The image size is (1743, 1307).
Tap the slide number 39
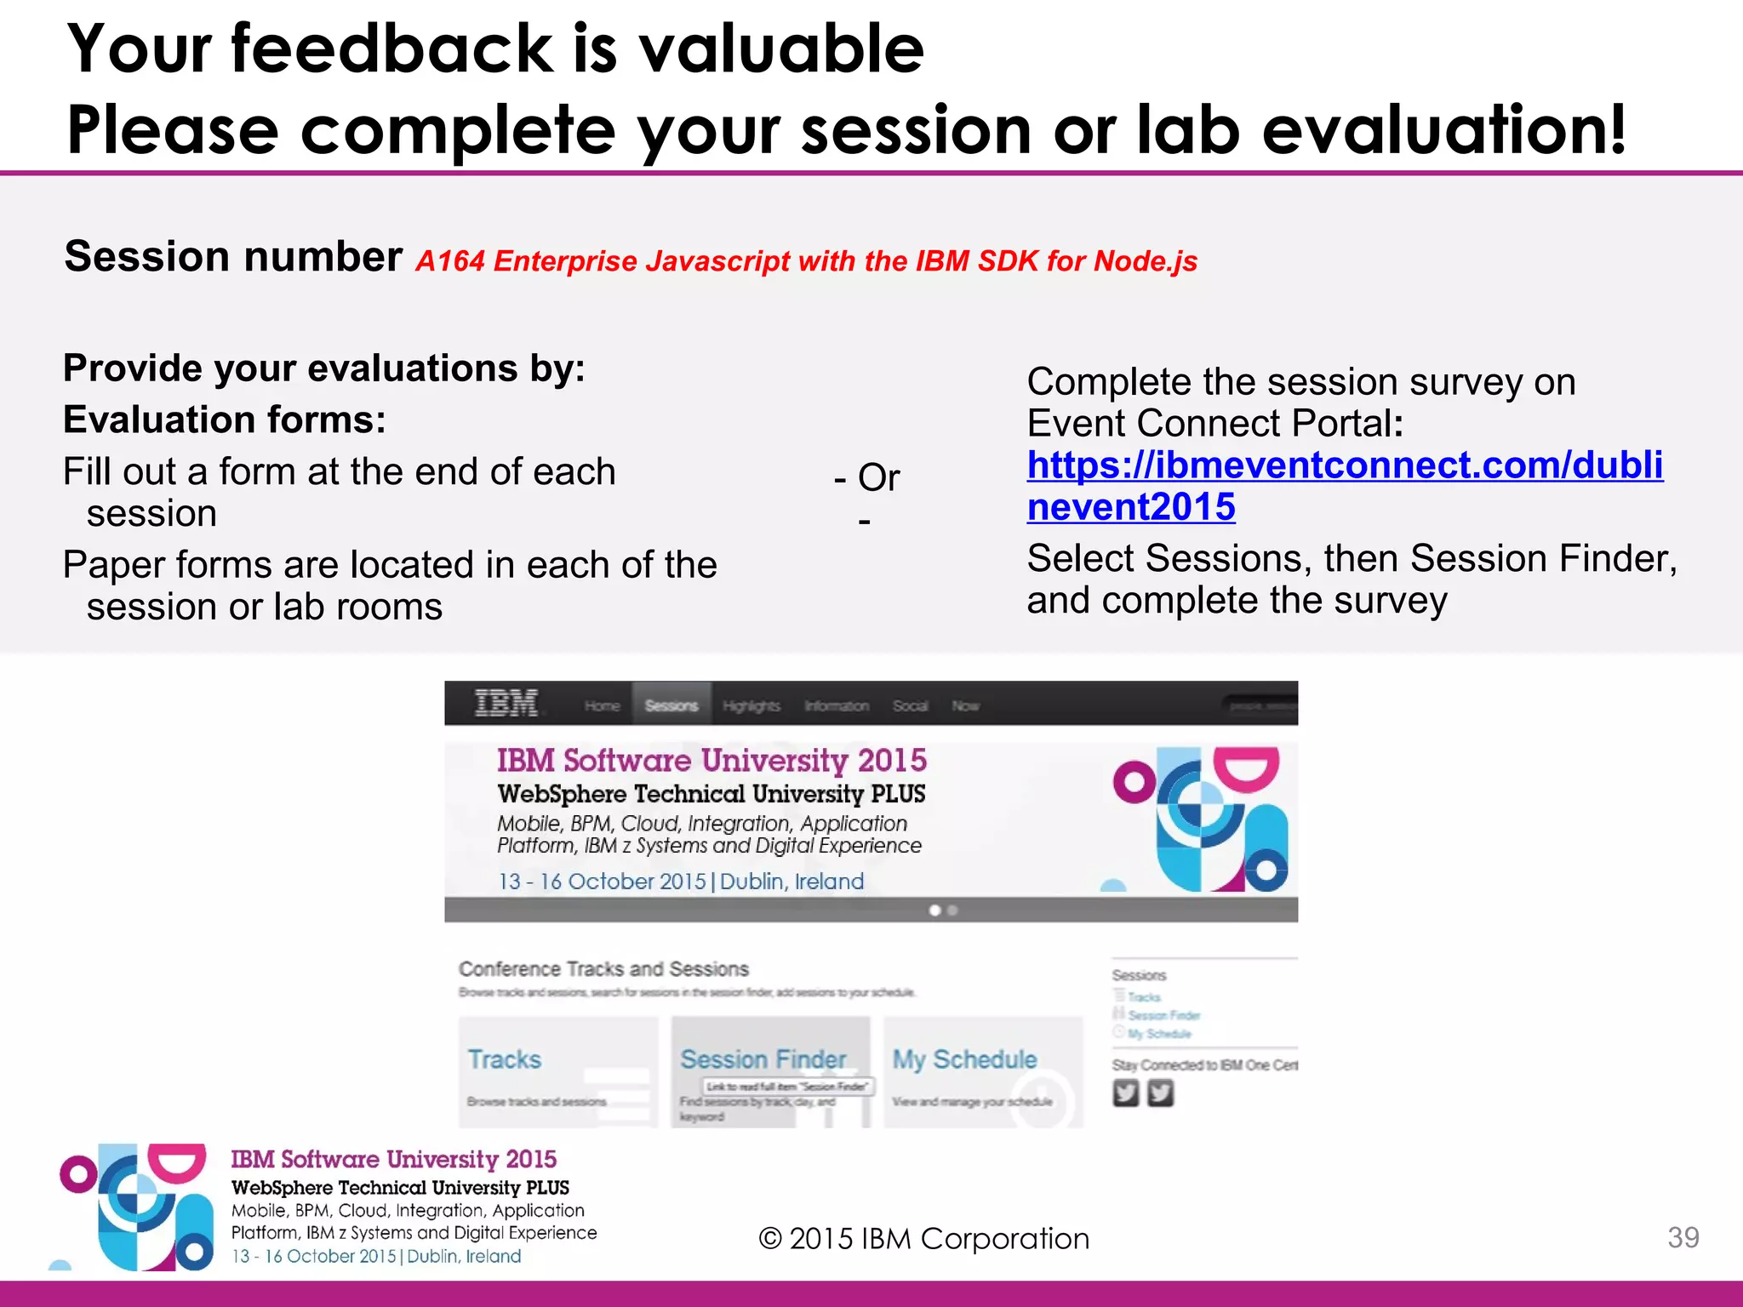1683,1237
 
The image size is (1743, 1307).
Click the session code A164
449,261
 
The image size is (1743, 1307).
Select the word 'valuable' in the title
781,49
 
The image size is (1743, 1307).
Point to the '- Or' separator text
867,477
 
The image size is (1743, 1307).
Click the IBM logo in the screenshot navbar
506,704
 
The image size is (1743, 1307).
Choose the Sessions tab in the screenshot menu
671,705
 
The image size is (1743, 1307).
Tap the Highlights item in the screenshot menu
751,705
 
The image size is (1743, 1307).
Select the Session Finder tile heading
763,1059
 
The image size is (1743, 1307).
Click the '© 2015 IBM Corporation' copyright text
923,1239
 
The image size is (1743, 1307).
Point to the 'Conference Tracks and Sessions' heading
603,969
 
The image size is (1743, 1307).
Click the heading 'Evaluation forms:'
225,419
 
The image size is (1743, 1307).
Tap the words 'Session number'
233,256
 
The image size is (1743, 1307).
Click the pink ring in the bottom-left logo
78,1175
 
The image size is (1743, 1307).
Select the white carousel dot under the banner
934,910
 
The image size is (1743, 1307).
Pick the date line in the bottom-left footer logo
376,1256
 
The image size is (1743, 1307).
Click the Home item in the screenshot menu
602,705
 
